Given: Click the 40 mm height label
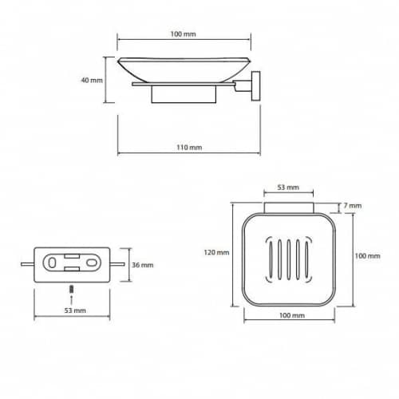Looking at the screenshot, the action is pyautogui.click(x=92, y=80).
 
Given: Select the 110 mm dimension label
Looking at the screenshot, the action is pyautogui.click(x=189, y=147).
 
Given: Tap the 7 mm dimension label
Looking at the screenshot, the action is pyautogui.click(x=352, y=205).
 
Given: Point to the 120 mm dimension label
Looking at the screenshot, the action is pyautogui.click(x=216, y=252).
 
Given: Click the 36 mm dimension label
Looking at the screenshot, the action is pyautogui.click(x=143, y=265).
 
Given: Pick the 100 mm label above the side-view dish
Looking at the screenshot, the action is pyautogui.click(x=183, y=34).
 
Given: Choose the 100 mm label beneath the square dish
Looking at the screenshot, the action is pyautogui.click(x=292, y=315).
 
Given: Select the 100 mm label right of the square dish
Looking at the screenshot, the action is pyautogui.click(x=367, y=256).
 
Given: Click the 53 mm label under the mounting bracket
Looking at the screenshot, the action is pyautogui.click(x=75, y=310).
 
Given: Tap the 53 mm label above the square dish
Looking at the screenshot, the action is pyautogui.click(x=288, y=188).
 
